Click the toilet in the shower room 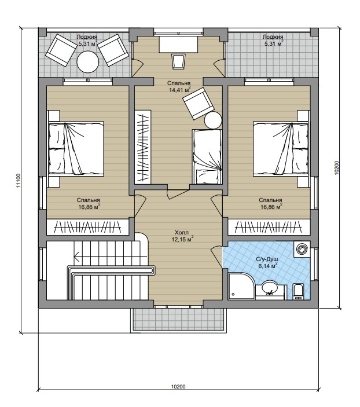(x=297, y=292)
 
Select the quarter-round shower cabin (x=242, y=286)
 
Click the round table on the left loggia (x=88, y=62)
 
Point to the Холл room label (x=182, y=233)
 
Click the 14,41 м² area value (x=179, y=90)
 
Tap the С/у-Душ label (x=267, y=259)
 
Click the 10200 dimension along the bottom (x=178, y=387)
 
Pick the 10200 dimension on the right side (x=337, y=167)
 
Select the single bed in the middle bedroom (x=207, y=157)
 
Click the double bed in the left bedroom (x=76, y=148)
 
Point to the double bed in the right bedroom (x=281, y=148)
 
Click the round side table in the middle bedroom (x=213, y=120)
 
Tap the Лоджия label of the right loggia (x=273, y=37)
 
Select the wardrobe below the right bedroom (x=269, y=227)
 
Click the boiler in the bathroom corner (x=302, y=249)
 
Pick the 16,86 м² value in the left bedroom (x=89, y=207)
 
